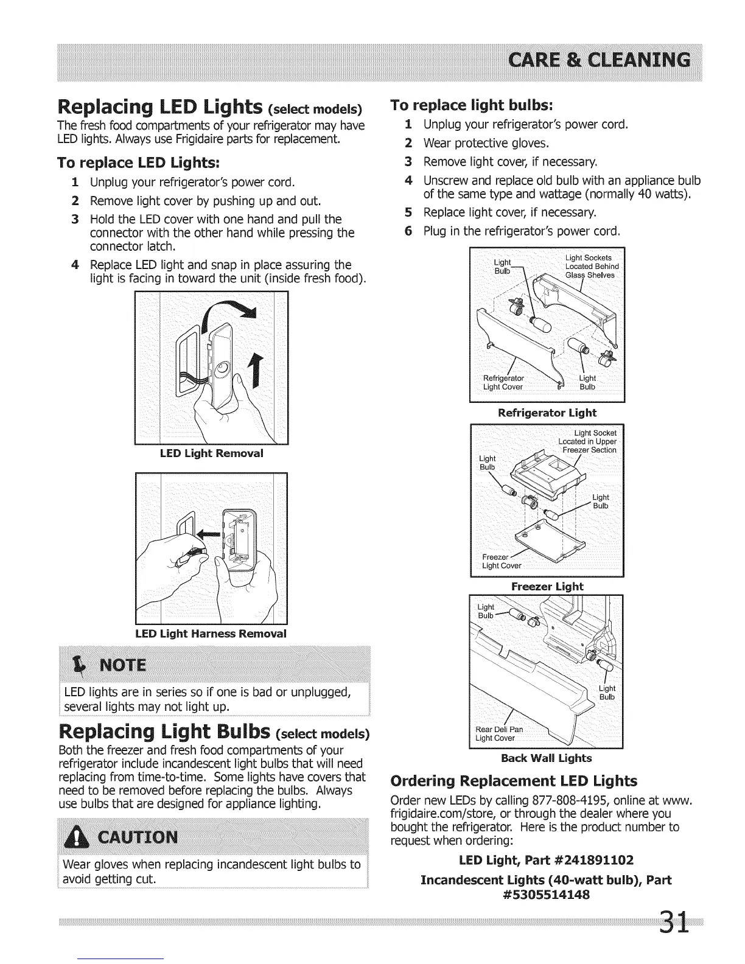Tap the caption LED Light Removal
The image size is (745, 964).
coord(211,453)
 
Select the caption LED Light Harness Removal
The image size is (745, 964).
coord(211,634)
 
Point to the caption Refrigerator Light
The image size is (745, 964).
coord(547,413)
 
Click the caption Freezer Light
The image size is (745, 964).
coord(547,587)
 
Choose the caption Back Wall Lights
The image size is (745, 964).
coord(546,758)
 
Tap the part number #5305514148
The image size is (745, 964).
coord(546,895)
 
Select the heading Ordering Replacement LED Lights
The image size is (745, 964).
coord(514,781)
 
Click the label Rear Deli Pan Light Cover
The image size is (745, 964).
coord(499,734)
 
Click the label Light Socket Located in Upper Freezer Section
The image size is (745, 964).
coord(588,441)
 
